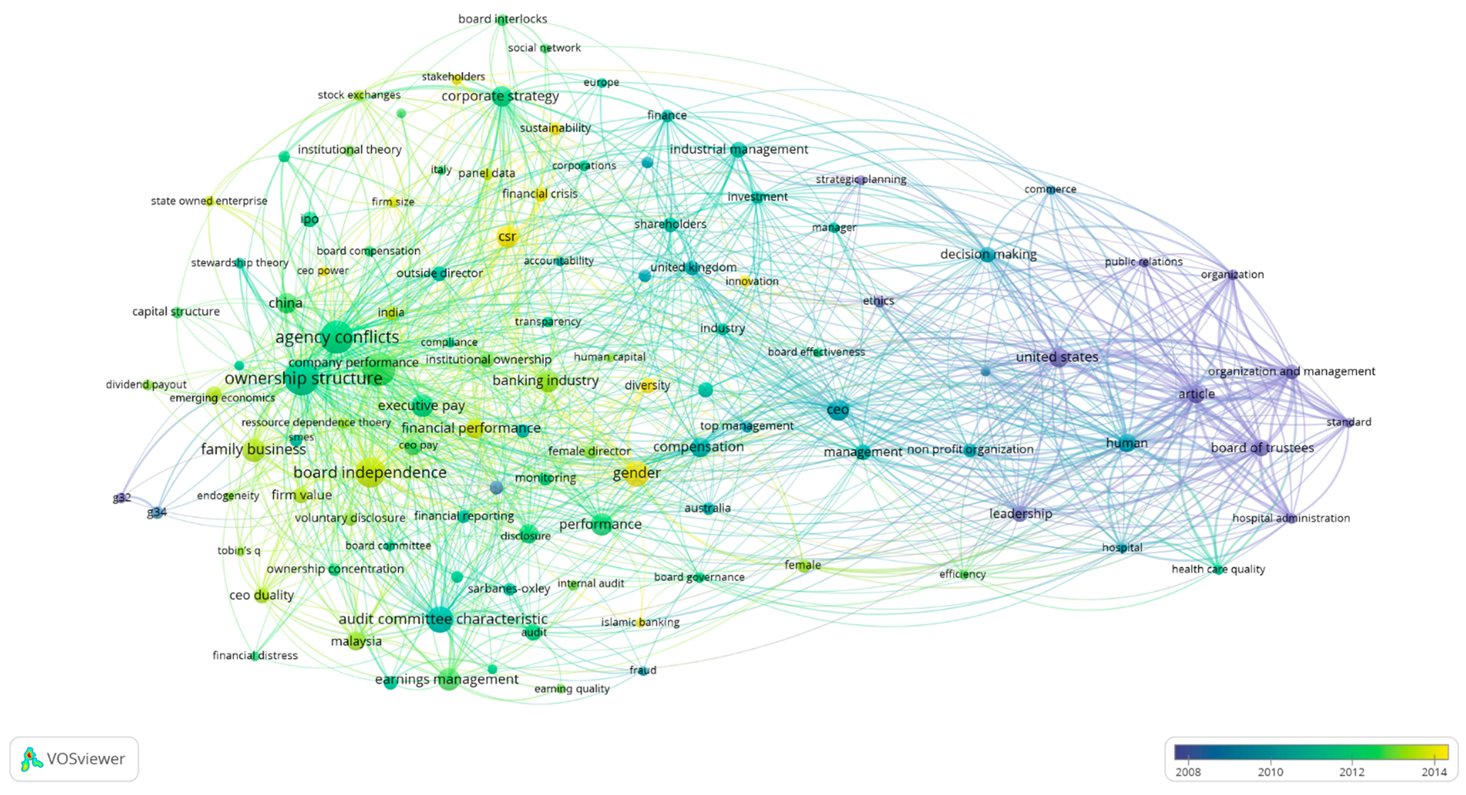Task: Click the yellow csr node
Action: pyautogui.click(x=507, y=237)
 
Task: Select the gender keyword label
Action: pyautogui.click(x=636, y=473)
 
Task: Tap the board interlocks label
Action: pyautogui.click(x=503, y=19)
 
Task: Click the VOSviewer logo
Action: pyautogui.click(x=74, y=759)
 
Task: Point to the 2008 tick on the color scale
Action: pyautogui.click(x=1188, y=772)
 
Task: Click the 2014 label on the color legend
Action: pyautogui.click(x=1434, y=772)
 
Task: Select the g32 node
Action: pyautogui.click(x=121, y=498)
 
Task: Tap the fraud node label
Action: pyautogui.click(x=643, y=670)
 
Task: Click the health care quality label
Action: pyautogui.click(x=1218, y=569)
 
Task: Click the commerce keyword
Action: pyautogui.click(x=1050, y=189)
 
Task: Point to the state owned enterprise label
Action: pyautogui.click(x=209, y=201)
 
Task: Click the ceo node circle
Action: pyautogui.click(x=838, y=410)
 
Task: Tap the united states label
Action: pyautogui.click(x=1057, y=357)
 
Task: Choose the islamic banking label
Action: pyautogui.click(x=640, y=622)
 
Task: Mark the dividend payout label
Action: pyautogui.click(x=146, y=385)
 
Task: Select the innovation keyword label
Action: pyautogui.click(x=751, y=281)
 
